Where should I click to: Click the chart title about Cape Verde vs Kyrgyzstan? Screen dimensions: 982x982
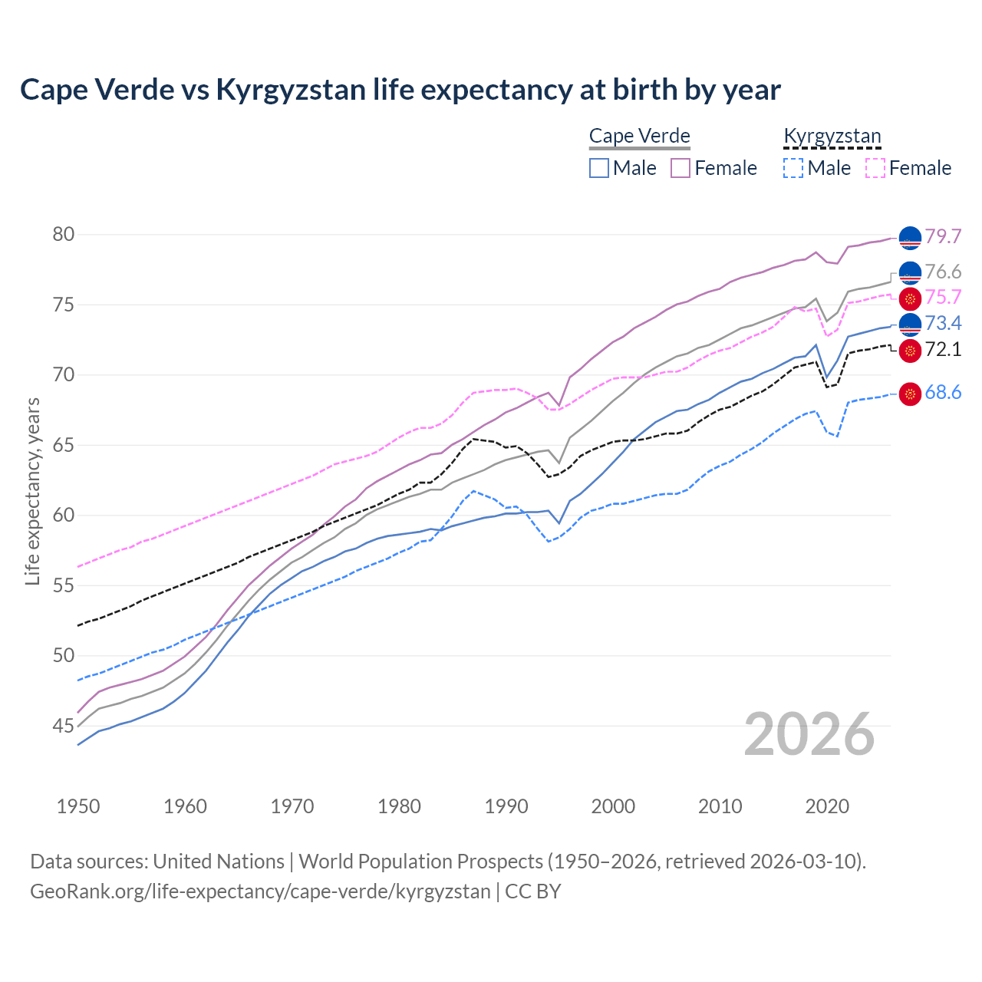point(400,90)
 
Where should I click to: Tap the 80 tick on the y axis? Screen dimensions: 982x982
point(64,235)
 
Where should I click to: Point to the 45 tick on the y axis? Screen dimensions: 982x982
point(64,726)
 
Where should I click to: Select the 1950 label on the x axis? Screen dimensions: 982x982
point(78,806)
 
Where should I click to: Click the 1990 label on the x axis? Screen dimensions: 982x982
point(506,806)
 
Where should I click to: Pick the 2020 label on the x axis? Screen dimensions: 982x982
point(827,806)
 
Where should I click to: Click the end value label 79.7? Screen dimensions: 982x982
point(943,237)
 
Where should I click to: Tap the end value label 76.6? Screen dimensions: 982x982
point(943,272)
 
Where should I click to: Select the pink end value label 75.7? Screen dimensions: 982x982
point(943,298)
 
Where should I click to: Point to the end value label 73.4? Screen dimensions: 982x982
point(943,324)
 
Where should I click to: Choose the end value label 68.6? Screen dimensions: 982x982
point(943,393)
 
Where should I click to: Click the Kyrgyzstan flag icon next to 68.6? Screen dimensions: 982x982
point(910,394)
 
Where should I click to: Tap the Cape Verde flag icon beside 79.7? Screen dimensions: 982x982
point(910,239)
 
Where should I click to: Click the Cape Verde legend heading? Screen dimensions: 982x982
point(640,137)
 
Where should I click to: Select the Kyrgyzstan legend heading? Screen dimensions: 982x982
point(832,137)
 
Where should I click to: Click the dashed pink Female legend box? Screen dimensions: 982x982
point(875,168)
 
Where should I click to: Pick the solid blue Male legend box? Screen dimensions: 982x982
point(599,168)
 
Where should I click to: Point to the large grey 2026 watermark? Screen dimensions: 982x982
point(809,734)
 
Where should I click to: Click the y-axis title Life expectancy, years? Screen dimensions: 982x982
point(33,491)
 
